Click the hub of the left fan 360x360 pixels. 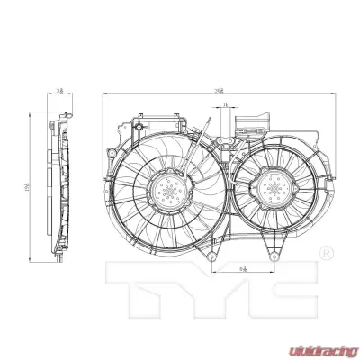[167, 190]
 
